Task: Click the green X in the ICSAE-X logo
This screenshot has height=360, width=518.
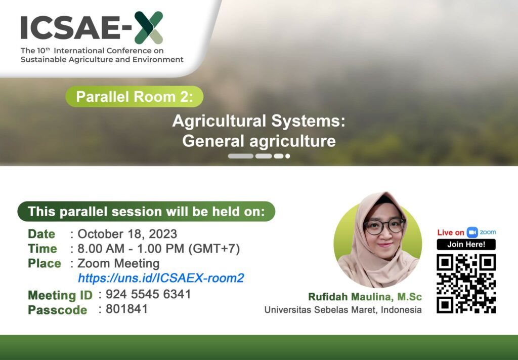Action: (x=149, y=28)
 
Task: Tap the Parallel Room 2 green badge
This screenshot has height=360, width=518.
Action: (x=134, y=97)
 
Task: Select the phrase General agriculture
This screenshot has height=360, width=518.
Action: (x=259, y=141)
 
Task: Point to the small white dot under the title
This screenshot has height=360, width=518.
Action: (x=288, y=156)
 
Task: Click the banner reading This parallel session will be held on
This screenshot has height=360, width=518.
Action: (x=146, y=212)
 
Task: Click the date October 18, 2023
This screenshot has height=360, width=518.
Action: (x=127, y=234)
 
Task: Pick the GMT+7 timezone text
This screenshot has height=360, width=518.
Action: (x=214, y=249)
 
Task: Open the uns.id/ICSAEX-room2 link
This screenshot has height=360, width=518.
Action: (x=161, y=278)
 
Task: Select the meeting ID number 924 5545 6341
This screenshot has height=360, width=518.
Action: (x=148, y=294)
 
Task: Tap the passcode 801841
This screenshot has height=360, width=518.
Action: (x=127, y=309)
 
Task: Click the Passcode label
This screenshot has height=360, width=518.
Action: (x=58, y=310)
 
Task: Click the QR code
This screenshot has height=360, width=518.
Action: (x=466, y=284)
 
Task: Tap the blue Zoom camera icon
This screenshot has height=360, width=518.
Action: (x=472, y=232)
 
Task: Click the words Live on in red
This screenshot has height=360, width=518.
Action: (x=451, y=233)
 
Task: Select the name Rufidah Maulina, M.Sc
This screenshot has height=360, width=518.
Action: (x=365, y=297)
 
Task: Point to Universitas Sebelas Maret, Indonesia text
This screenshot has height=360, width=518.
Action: (x=343, y=310)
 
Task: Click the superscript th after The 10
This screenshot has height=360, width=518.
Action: (x=48, y=49)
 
